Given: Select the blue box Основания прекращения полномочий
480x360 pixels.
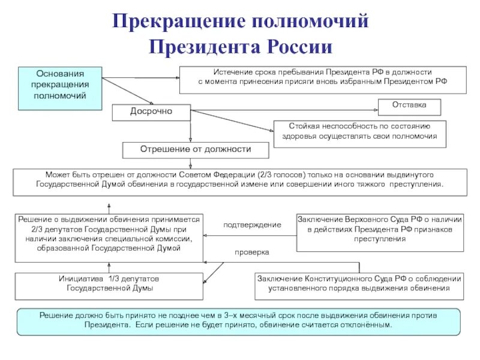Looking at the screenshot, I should [59, 88].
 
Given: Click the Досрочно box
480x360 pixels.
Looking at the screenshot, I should [151, 112].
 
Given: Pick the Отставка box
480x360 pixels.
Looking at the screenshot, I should [409, 106].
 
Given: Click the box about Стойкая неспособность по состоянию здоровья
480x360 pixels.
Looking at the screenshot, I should [359, 134].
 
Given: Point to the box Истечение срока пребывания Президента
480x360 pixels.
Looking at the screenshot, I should [323, 79].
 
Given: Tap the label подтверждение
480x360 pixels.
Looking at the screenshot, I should [252, 224].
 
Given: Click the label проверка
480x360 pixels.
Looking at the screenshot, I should [252, 253].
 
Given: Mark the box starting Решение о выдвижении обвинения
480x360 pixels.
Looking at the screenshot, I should [108, 237].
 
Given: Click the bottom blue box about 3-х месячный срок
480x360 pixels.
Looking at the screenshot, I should [239, 321].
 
